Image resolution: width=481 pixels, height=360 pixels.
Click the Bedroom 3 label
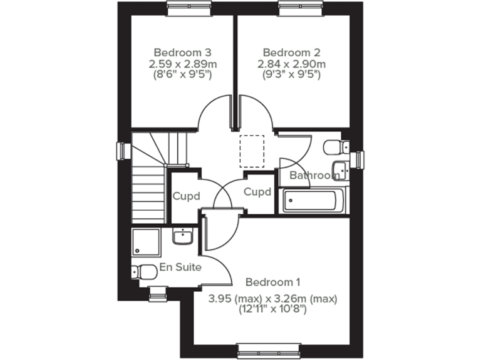coord(182,52)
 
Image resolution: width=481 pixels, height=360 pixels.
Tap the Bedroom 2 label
coord(291,52)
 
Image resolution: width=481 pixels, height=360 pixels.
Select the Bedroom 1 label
coord(272,281)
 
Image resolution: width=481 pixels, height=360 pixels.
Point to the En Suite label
coord(180,267)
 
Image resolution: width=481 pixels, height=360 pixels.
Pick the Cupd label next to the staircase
coord(186,196)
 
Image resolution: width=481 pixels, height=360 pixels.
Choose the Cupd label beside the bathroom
coord(257,192)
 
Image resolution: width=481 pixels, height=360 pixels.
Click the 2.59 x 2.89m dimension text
coord(182,64)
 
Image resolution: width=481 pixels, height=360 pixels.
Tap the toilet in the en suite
coord(145,272)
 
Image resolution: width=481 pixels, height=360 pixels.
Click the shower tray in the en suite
coord(147,242)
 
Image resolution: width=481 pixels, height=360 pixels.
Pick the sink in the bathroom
coord(341,169)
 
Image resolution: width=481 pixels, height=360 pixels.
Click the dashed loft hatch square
coord(252,151)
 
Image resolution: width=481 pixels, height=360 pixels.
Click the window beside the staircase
coord(122,151)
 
